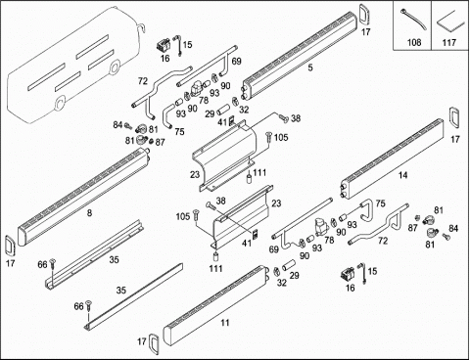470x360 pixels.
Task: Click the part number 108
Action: tap(414, 42)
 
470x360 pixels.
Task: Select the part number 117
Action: tap(448, 42)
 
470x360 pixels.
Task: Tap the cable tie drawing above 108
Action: tap(413, 21)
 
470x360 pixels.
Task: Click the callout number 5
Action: tap(310, 67)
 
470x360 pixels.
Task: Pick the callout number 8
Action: tap(89, 213)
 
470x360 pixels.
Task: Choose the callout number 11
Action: tap(225, 323)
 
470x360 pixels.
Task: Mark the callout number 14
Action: tap(403, 175)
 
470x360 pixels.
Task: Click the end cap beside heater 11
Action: tap(153, 343)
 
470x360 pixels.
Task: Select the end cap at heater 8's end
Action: tap(10, 247)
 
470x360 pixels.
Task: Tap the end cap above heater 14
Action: tap(453, 117)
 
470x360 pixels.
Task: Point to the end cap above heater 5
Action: tap(363, 14)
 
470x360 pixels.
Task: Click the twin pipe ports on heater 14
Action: tap(344, 192)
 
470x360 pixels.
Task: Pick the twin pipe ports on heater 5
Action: tap(245, 92)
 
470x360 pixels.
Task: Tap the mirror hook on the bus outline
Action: tap(142, 27)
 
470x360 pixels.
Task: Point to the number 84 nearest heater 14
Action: tap(453, 229)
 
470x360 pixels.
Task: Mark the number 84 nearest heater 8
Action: tap(117, 125)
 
